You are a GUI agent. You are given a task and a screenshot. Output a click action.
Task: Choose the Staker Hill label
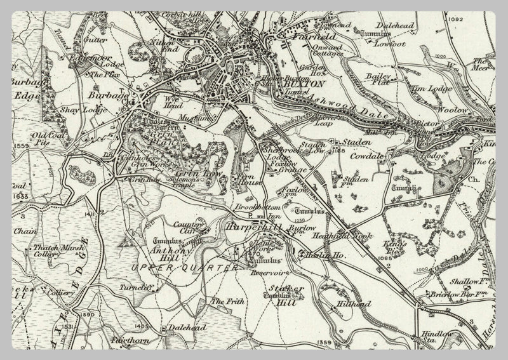click(x=285, y=293)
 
